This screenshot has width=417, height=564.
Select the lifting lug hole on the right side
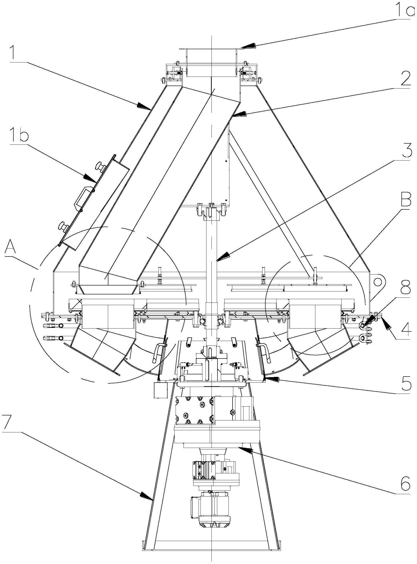[x=378, y=282]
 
